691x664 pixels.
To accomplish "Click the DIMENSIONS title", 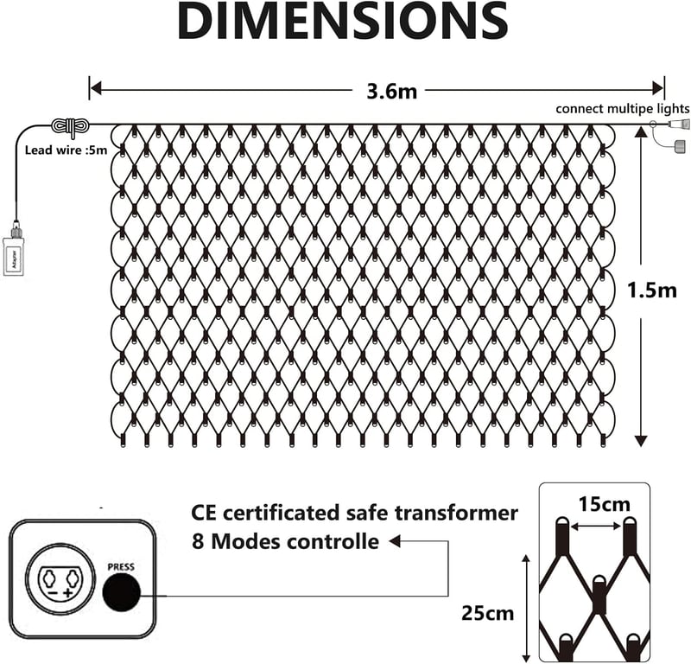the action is point(343,21).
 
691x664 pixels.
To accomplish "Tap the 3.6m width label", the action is point(392,91).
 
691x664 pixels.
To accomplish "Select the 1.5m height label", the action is point(652,290).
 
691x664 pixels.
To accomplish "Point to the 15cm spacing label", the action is point(604,504).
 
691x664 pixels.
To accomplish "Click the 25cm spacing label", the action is point(488,613).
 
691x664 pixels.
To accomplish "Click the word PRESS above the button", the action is point(121,567).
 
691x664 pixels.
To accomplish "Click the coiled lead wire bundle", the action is point(71,125).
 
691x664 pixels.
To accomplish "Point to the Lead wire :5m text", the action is point(67,150).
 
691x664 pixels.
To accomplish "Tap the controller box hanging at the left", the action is point(14,256).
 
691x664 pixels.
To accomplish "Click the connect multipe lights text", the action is point(622,109).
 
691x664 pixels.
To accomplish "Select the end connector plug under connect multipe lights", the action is point(678,124).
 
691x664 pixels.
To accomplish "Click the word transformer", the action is point(456,513).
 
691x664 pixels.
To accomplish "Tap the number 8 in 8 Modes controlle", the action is point(198,541).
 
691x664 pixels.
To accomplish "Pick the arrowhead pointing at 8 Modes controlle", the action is point(395,541).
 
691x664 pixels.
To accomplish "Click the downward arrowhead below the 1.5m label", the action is point(641,441).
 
